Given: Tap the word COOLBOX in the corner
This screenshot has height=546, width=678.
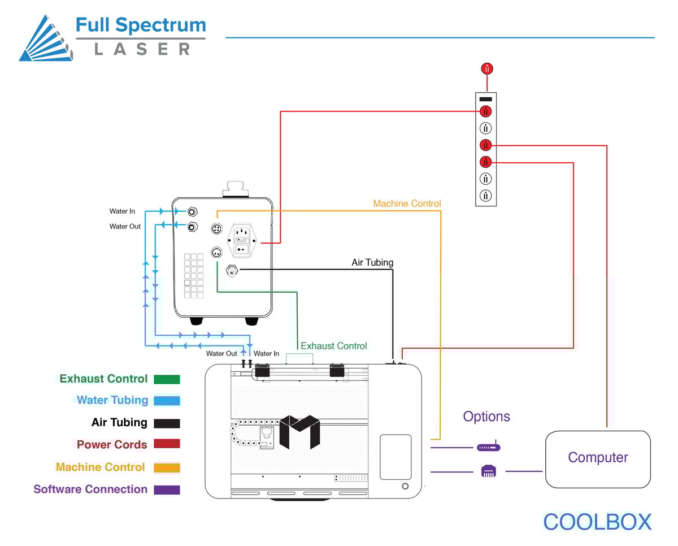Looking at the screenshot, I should click(x=597, y=522).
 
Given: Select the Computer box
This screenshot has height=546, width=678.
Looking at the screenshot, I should click(x=598, y=458).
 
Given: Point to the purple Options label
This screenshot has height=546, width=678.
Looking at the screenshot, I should click(x=486, y=417).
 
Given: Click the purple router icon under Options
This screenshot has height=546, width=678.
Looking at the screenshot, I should click(x=489, y=447).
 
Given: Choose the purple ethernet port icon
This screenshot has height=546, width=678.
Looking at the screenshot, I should click(x=489, y=470).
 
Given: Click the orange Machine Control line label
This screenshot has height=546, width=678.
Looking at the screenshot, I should click(x=407, y=203).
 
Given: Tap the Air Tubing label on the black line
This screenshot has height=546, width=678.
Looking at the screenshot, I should click(x=372, y=262).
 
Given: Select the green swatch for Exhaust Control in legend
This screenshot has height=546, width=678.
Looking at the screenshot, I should click(x=166, y=379).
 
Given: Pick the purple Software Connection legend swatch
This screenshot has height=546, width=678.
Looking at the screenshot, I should click(x=166, y=489).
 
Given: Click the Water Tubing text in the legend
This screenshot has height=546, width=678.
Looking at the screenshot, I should click(x=112, y=400).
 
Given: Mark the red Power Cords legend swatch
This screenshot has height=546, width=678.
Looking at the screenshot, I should click(x=166, y=444).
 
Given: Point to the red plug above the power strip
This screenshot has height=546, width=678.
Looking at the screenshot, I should click(x=486, y=69).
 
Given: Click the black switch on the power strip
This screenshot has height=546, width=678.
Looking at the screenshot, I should click(x=486, y=99).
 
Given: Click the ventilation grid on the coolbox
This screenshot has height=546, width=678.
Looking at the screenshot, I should click(x=193, y=275).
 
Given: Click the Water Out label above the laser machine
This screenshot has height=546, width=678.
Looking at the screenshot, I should click(x=221, y=354).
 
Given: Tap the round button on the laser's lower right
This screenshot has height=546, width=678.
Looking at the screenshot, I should click(x=405, y=486).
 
